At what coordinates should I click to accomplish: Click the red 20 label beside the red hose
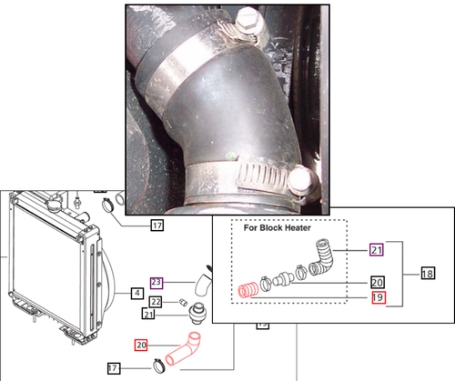click(x=141, y=346)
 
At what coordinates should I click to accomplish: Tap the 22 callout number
click(x=156, y=302)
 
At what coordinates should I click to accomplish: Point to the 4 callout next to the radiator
click(x=136, y=293)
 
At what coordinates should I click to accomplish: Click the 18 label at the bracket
click(x=427, y=273)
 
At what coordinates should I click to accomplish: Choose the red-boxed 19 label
click(x=377, y=296)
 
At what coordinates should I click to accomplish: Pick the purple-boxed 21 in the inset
click(x=377, y=248)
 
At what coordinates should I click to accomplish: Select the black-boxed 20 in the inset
click(x=377, y=283)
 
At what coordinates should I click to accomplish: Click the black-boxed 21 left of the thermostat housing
click(x=148, y=315)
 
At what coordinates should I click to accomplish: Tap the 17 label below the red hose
click(x=113, y=368)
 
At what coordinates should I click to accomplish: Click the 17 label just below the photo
click(x=157, y=225)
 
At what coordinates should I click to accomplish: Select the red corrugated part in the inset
click(x=247, y=292)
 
